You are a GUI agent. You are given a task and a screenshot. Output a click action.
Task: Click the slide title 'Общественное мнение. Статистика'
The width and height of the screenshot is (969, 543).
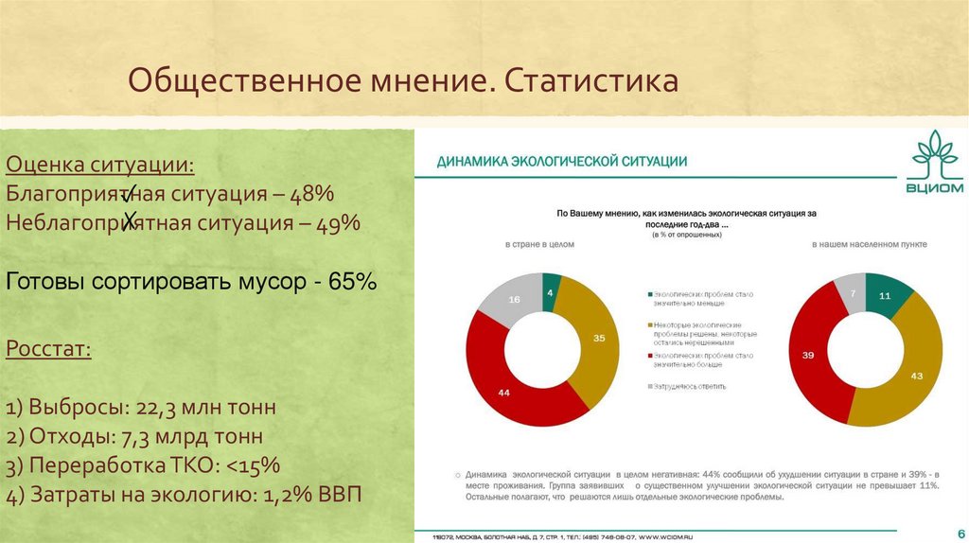point(403,80)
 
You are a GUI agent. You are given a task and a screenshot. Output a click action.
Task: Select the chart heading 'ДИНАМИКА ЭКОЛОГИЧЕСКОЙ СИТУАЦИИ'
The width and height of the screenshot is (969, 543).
point(561,162)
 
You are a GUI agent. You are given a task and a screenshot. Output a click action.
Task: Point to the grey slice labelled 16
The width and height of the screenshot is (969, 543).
point(514,300)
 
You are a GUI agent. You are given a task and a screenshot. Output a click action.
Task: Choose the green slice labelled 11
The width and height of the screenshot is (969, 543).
point(885,296)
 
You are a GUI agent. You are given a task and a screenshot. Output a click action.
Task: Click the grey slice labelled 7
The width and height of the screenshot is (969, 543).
point(854,293)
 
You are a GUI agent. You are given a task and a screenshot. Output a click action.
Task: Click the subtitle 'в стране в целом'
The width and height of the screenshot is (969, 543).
point(539,244)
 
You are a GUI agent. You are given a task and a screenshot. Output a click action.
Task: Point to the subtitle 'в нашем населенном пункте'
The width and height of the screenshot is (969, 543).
point(870,244)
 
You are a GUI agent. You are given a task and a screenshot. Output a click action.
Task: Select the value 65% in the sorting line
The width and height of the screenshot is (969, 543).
point(353,281)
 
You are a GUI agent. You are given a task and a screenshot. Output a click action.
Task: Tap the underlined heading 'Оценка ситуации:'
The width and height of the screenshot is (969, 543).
point(101,165)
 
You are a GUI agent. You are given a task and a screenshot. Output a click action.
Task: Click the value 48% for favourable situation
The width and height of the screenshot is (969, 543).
point(312,194)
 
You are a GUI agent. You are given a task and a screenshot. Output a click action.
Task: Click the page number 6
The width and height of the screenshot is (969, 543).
point(960,532)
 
